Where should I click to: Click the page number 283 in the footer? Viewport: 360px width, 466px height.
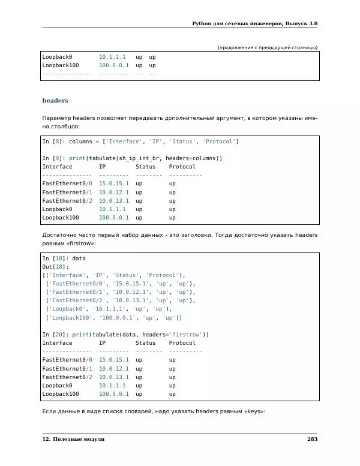(312, 440)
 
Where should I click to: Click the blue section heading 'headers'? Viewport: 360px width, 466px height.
(55, 101)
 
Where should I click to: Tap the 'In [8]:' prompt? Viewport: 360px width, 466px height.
(54, 141)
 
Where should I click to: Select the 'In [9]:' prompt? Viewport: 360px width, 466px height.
(54, 158)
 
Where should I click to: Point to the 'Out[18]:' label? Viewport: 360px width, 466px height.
(55, 266)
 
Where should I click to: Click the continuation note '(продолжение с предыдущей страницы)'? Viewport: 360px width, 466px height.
(267, 47)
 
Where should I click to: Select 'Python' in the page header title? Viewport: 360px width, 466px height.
(204, 23)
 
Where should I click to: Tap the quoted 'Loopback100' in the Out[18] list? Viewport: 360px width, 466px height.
(70, 317)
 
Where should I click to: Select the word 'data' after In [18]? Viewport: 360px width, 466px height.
(79, 258)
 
